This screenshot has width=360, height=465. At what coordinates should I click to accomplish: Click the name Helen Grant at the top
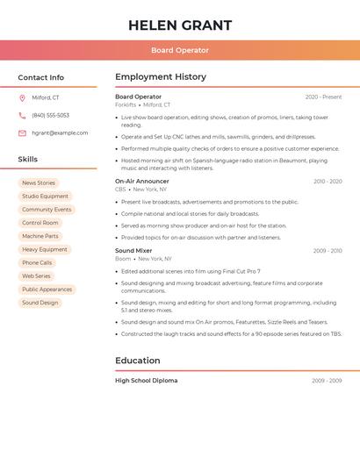coord(180,25)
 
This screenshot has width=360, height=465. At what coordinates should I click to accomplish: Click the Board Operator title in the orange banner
coord(180,50)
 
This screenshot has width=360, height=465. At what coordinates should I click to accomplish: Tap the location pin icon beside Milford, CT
coord(22,97)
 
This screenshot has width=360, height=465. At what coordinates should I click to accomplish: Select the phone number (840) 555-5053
coord(50,115)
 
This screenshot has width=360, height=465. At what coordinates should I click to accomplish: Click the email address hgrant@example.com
coord(60,132)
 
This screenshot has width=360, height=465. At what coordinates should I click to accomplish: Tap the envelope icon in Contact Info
coord(22,132)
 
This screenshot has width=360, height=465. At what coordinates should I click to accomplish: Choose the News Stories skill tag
coord(39,183)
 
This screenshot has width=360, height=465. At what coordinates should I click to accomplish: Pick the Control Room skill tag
coord(40,223)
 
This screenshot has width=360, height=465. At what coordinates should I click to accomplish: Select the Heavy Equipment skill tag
coord(45,249)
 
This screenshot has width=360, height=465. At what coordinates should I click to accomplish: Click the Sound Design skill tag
coord(40,303)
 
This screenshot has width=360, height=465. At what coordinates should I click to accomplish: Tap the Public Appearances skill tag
coord(47,290)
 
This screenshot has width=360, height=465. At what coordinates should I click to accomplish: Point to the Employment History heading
coord(161,77)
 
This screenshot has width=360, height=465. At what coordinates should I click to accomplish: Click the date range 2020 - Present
coord(323,97)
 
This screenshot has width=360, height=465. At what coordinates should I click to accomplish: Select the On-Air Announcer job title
coord(142,182)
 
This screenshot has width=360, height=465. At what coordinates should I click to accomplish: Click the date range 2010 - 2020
coord(328,182)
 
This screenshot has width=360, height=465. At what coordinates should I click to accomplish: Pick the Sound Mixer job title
coord(133,251)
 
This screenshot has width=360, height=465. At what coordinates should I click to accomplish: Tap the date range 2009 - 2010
coord(328,251)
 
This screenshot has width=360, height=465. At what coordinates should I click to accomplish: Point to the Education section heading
coord(138,361)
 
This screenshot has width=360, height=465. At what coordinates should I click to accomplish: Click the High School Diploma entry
coord(146,381)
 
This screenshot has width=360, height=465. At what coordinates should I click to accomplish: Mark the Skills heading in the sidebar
coord(28,160)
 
